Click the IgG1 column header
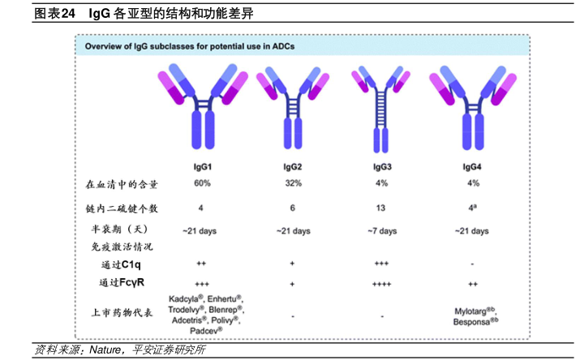pyautogui.click(x=202, y=166)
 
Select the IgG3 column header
pyautogui.click(x=381, y=166)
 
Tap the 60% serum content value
pyautogui.click(x=202, y=184)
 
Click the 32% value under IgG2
pyautogui.click(x=293, y=184)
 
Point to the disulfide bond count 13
pyautogui.click(x=381, y=208)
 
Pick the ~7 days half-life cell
pyautogui.click(x=380, y=231)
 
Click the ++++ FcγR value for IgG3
pyautogui.click(x=381, y=283)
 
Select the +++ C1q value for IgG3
pyautogui.click(x=381, y=264)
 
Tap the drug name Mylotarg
pyautogui.click(x=471, y=311)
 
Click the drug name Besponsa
pyautogui.click(x=473, y=322)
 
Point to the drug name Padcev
pyautogui.click(x=205, y=332)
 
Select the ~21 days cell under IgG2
pyautogui.click(x=292, y=231)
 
